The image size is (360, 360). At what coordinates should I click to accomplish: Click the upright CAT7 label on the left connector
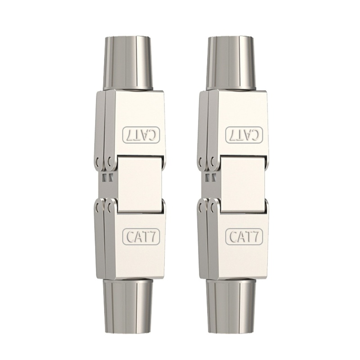click(138, 235)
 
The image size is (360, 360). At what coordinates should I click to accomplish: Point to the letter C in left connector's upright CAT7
click(128, 235)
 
